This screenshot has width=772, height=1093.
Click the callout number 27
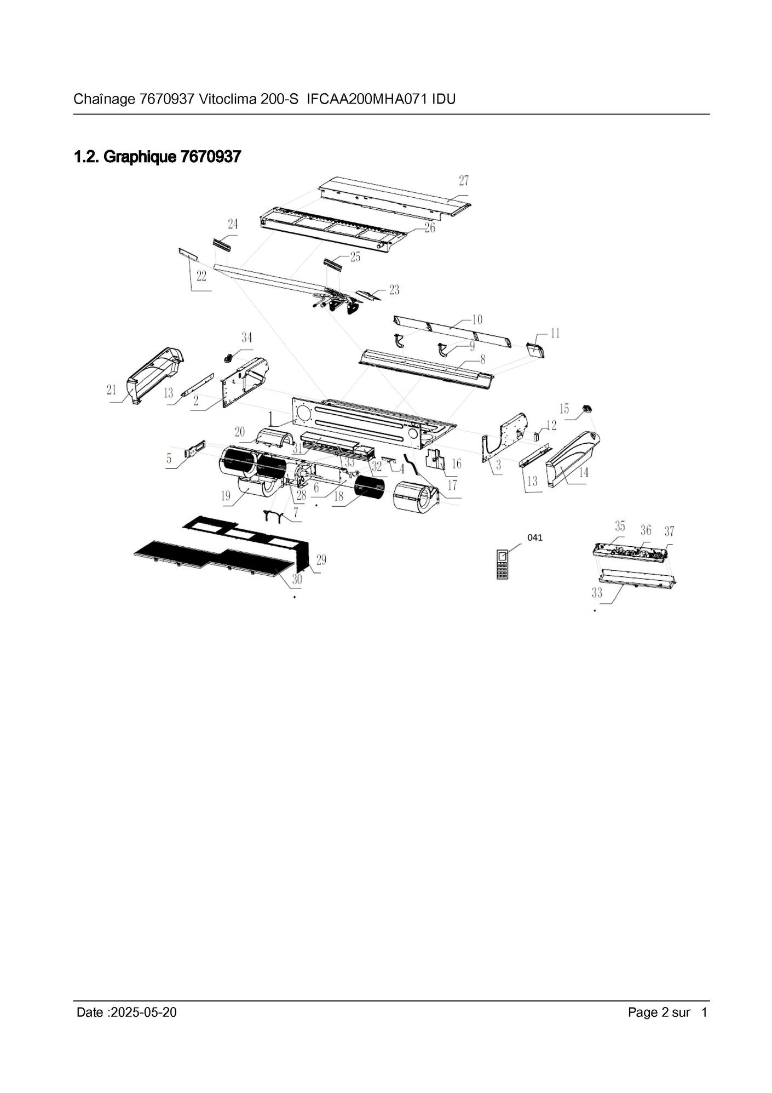pos(464,180)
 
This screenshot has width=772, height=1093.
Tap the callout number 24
pos(233,224)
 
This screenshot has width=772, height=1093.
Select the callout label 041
pos(535,537)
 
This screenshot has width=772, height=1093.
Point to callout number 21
pos(112,390)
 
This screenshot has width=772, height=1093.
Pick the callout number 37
pos(669,531)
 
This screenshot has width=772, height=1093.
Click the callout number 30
pos(297,579)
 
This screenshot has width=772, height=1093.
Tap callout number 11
pos(555,333)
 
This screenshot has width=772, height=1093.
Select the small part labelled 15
pos(587,409)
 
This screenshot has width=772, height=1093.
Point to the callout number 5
pos(169,459)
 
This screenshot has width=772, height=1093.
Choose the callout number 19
pos(226,496)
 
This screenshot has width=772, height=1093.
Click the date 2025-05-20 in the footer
pos(143,1012)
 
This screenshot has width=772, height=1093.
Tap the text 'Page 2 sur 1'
pos(667,1012)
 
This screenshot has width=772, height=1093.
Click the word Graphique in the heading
pos(140,157)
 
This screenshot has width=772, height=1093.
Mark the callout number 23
pos(394,289)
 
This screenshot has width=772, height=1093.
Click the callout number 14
pos(583,472)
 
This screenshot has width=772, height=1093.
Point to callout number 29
pos(321,559)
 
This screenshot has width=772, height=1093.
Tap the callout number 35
pos(620,526)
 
